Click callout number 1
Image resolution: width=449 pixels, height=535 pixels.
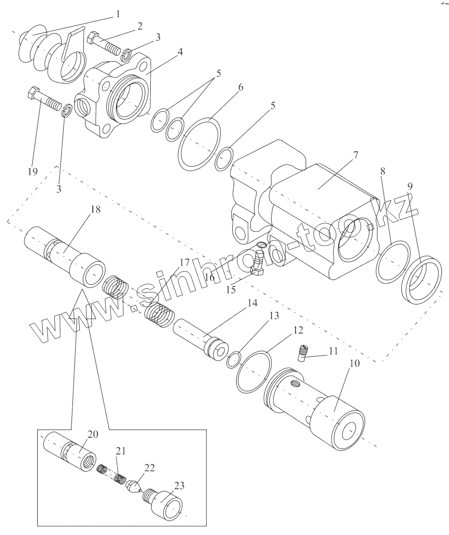click(x=118, y=14)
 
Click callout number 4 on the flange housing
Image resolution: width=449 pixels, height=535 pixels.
click(x=180, y=52)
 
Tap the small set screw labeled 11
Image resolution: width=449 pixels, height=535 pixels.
click(x=302, y=353)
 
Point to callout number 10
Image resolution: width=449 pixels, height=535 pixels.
click(x=355, y=363)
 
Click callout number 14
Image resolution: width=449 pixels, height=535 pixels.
click(x=253, y=303)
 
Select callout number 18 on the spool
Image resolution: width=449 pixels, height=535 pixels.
click(x=96, y=209)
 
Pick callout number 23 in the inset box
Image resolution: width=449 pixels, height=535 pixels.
click(x=179, y=486)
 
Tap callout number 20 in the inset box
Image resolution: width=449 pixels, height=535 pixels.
click(x=93, y=435)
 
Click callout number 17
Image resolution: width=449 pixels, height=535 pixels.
click(x=184, y=263)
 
